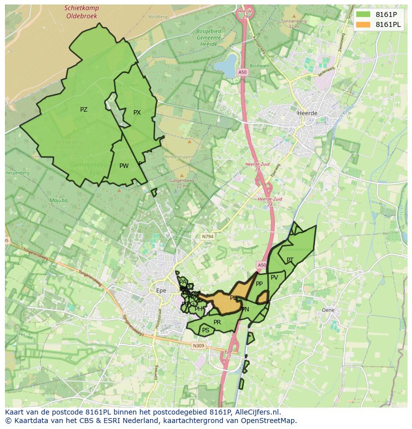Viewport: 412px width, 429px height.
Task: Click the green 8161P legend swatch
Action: (x=363, y=15)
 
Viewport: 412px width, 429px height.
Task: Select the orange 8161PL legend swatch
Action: (x=363, y=24)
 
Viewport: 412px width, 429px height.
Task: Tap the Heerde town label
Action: (x=307, y=113)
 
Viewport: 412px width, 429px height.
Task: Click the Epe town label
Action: (x=161, y=290)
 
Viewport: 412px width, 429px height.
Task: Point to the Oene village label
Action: (x=328, y=310)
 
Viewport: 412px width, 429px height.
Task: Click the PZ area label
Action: (x=84, y=110)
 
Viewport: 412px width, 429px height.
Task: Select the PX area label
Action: (x=137, y=113)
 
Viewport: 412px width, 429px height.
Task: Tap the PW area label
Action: (x=124, y=166)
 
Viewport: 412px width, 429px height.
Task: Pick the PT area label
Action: (x=290, y=260)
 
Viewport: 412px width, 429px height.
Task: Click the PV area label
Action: (x=274, y=278)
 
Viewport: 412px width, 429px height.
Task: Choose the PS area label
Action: (x=206, y=330)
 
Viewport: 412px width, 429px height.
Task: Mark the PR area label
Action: (x=217, y=322)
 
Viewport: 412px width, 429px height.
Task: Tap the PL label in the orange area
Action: (x=233, y=298)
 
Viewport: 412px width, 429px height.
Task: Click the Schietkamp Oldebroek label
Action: (x=82, y=12)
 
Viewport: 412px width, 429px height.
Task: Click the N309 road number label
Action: (x=198, y=345)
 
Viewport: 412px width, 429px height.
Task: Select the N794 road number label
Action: (x=207, y=237)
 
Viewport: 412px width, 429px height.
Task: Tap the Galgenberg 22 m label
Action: (x=178, y=183)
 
